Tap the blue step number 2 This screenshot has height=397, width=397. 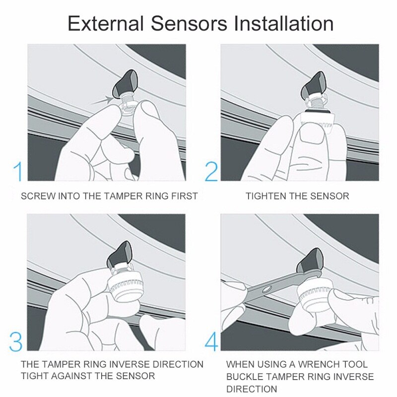[x=211, y=171]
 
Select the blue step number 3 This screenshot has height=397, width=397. [x=16, y=341]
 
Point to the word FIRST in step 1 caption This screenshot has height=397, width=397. [x=185, y=196]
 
